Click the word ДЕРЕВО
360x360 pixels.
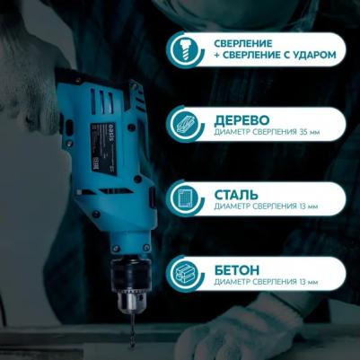(x=241, y=120)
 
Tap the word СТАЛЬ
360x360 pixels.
(x=236, y=195)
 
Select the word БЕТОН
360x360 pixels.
(x=237, y=270)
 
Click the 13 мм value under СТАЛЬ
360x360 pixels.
(x=308, y=206)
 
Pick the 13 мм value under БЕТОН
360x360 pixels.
(x=308, y=282)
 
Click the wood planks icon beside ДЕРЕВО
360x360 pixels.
(x=187, y=124)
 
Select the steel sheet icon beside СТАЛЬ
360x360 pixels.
(x=187, y=198)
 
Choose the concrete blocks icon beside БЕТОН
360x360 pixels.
(x=187, y=274)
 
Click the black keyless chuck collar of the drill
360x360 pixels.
(x=131, y=275)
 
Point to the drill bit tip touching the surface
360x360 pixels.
(x=131, y=347)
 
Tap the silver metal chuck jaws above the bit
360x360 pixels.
(x=131, y=302)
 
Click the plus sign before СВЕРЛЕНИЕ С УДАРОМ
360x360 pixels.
(x=217, y=56)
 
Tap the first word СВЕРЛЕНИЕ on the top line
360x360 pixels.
(x=243, y=44)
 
